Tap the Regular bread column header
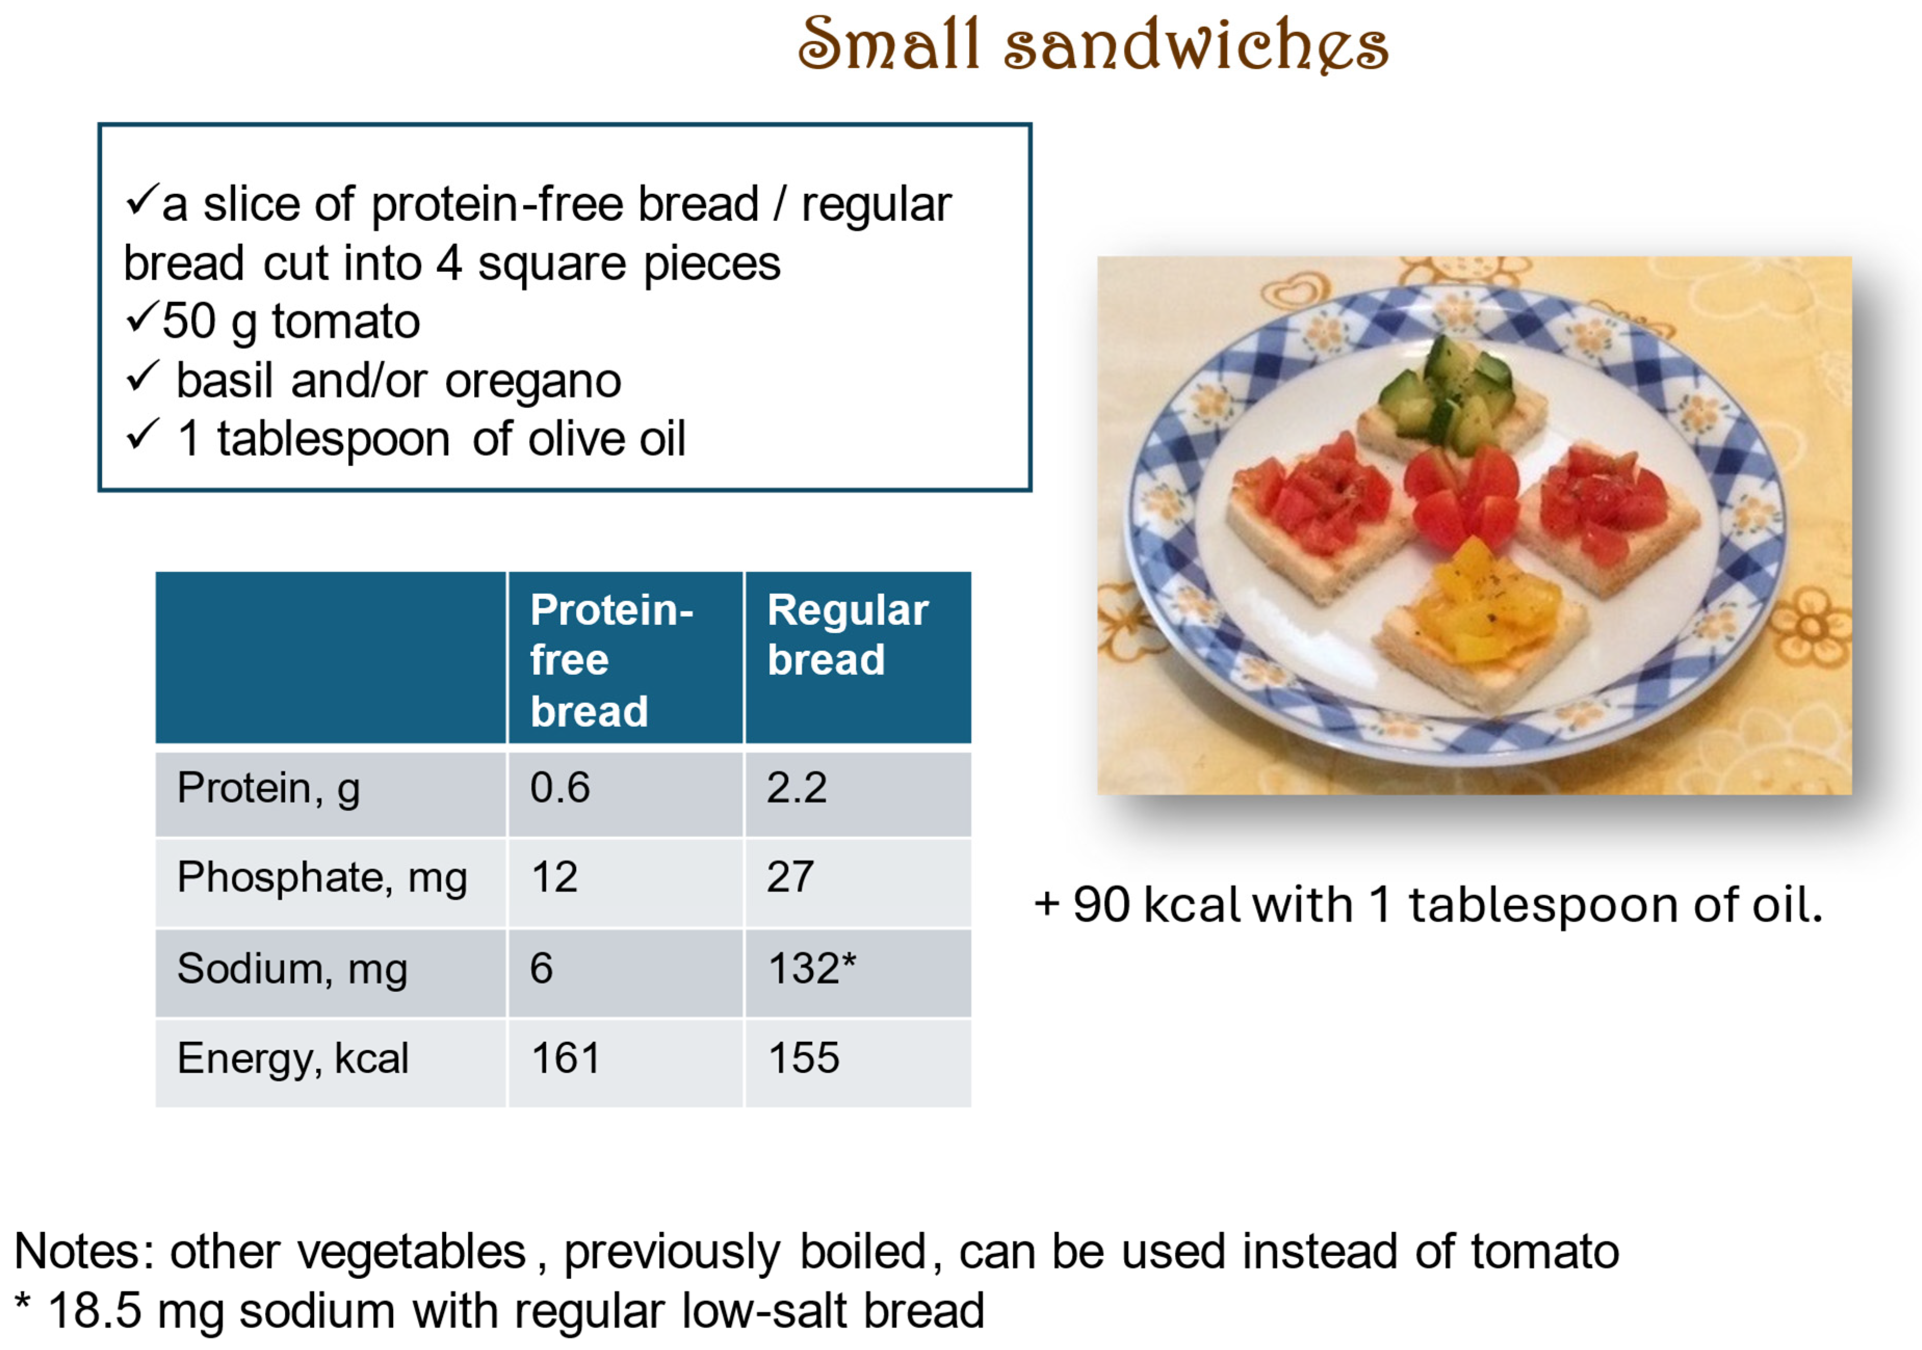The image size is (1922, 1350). pos(847,634)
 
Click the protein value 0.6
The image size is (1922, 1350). pos(559,788)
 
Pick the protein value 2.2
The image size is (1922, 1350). pos(796,788)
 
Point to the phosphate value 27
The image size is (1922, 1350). pos(789,877)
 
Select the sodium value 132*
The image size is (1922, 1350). pos(811,968)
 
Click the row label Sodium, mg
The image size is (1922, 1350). pos(292,969)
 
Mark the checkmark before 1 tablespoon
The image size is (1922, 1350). pos(142,435)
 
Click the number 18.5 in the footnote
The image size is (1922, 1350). pos(95,1310)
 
